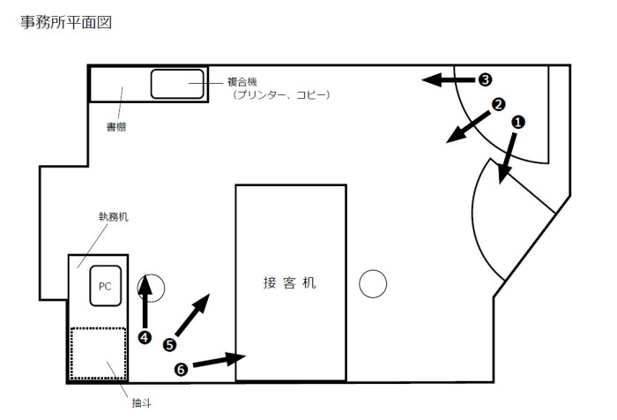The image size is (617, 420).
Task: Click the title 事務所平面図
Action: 66,22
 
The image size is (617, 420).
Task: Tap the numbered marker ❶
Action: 518,122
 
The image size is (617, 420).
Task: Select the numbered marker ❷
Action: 499,104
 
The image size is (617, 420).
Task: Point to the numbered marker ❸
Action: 485,79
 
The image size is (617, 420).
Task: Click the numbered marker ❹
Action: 145,337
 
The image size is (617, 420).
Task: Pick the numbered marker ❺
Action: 169,345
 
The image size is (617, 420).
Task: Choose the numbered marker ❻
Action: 181,369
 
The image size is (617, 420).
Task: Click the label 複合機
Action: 242,82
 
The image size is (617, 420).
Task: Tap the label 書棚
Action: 116,127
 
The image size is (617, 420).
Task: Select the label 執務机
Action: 114,217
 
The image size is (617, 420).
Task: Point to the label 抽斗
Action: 141,403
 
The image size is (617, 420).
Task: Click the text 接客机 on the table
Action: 290,283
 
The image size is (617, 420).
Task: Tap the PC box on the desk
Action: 105,286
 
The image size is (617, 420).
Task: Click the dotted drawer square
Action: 99,354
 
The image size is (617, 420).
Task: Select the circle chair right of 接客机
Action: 373,284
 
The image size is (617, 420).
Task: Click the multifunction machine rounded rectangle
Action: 177,84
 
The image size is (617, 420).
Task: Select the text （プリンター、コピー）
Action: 281,95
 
